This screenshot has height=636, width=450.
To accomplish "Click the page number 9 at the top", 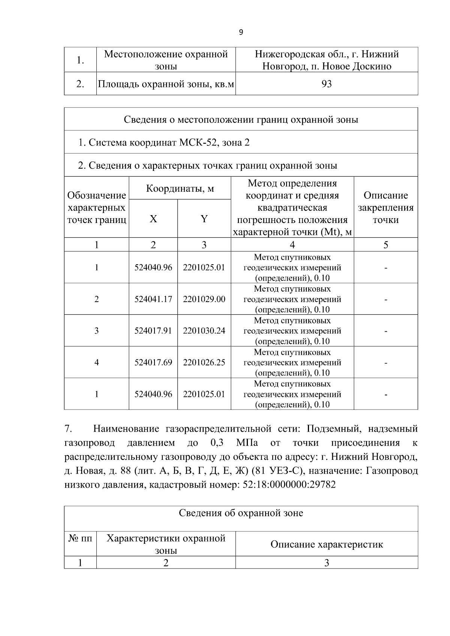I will pyautogui.click(x=241, y=32).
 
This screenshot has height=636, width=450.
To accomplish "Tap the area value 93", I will pyautogui.click(x=327, y=84).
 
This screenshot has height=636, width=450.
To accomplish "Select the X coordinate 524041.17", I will pyautogui.click(x=153, y=299).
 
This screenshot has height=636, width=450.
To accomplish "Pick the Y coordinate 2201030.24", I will pyautogui.click(x=204, y=331).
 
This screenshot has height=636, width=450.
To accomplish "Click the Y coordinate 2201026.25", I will pyautogui.click(x=204, y=362).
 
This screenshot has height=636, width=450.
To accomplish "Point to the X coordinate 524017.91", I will pyautogui.click(x=153, y=331).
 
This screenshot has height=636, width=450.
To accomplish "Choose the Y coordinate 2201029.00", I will pyautogui.click(x=204, y=299).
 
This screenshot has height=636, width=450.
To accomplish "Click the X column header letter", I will pyautogui.click(x=153, y=219).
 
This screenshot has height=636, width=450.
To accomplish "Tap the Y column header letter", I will pyautogui.click(x=204, y=219).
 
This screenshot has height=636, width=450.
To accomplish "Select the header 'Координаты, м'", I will pyautogui.click(x=180, y=188).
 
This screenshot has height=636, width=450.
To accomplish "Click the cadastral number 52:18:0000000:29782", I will pyautogui.click(x=289, y=485).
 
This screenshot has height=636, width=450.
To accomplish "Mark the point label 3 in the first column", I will pyautogui.click(x=96, y=331).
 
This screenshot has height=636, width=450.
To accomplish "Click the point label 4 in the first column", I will pyautogui.click(x=96, y=362).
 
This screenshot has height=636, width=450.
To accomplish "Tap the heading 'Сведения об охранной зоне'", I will pyautogui.click(x=241, y=513).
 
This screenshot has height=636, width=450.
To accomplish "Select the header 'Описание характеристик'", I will pyautogui.click(x=327, y=544).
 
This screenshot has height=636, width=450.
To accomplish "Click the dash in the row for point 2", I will pyautogui.click(x=386, y=299).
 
